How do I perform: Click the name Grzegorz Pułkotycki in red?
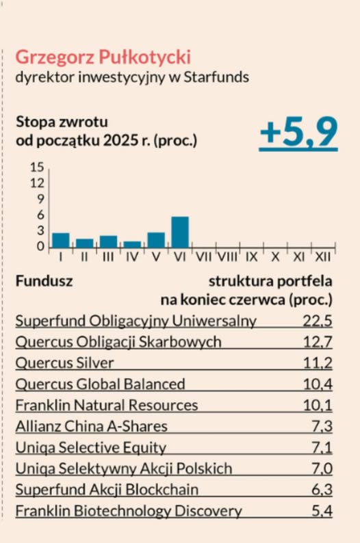click(x=103, y=56)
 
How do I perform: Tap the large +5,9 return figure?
click(x=298, y=131)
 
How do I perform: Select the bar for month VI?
click(x=179, y=232)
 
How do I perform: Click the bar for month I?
click(x=61, y=240)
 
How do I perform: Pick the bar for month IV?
click(x=132, y=244)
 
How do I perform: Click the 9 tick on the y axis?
click(x=40, y=199)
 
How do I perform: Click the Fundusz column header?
click(x=44, y=280)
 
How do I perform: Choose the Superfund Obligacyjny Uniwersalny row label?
click(x=136, y=320)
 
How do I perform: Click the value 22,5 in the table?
click(x=317, y=320)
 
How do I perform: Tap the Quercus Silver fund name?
click(x=64, y=362)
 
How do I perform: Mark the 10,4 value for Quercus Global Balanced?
click(x=317, y=384)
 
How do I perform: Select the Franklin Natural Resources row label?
click(x=106, y=405)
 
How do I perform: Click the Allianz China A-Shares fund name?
click(x=91, y=426)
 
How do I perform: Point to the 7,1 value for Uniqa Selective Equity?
click(x=318, y=447)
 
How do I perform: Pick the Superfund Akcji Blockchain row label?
click(x=107, y=490)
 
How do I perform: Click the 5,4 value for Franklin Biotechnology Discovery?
click(x=318, y=511)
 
